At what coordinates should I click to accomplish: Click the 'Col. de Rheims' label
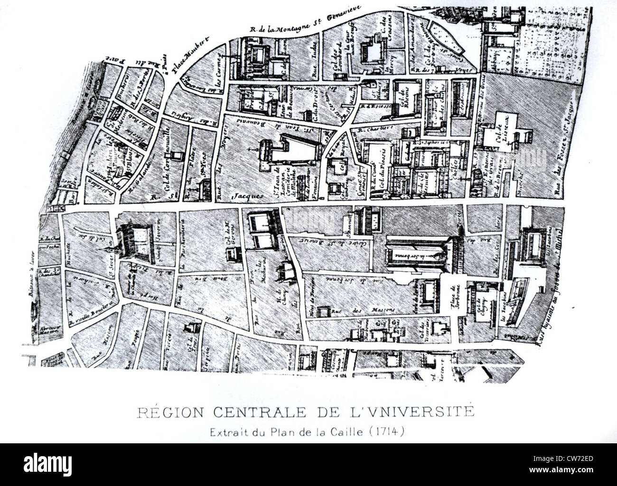coord(406,98)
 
